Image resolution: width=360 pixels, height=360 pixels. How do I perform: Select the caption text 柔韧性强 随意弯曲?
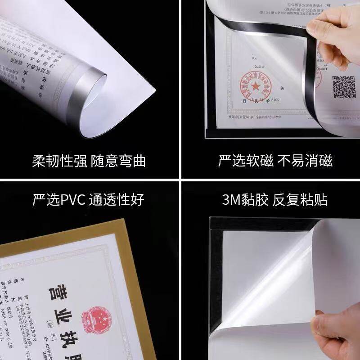coord(89,161)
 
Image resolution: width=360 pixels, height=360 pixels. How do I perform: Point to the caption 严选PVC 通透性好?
coord(89,199)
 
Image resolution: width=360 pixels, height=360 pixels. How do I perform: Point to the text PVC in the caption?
coord(71,199)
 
